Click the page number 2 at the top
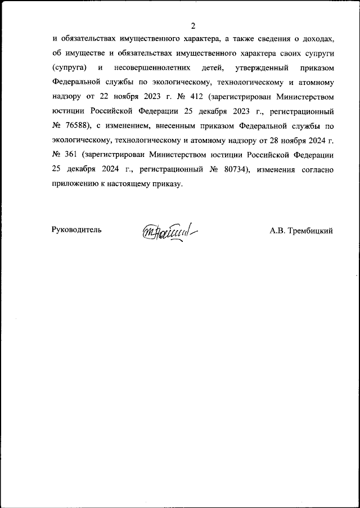(x=193, y=26)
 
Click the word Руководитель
(x=76, y=230)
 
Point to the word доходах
(x=318, y=39)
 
